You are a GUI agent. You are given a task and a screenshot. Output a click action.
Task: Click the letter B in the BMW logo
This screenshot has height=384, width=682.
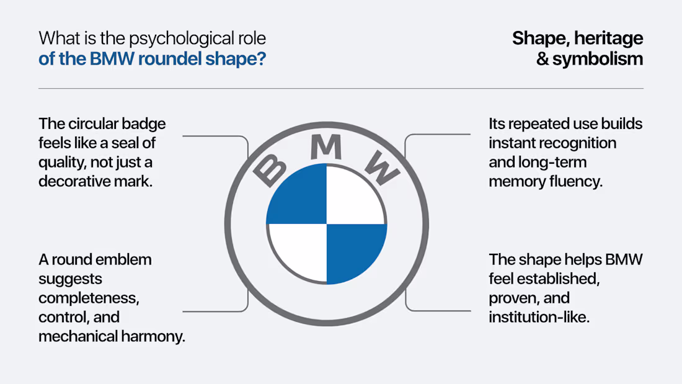point(270,170)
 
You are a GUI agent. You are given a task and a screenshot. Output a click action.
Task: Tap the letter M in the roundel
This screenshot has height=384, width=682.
point(325,146)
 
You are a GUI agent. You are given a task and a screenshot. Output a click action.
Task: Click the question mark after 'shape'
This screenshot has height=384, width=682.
point(261,59)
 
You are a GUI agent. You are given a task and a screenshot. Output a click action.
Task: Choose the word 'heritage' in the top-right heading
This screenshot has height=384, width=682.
point(608,39)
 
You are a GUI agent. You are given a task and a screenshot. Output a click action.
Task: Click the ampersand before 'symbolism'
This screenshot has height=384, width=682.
point(542,59)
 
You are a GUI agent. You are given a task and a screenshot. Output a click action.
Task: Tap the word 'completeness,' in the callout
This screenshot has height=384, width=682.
point(89,298)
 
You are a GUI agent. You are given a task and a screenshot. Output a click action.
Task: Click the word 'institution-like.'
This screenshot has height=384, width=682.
point(539,317)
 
